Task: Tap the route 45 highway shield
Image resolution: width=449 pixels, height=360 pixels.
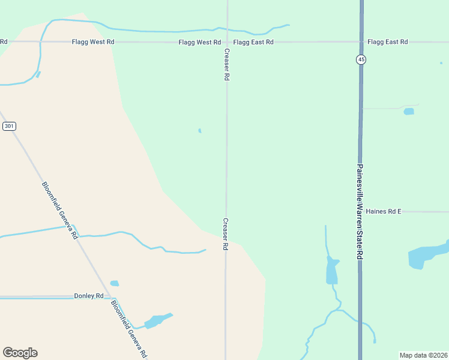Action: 361,59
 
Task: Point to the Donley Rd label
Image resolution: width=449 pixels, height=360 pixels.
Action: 89,296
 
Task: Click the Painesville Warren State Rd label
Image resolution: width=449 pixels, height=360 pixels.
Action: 360,211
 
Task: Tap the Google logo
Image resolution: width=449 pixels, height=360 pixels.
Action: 20,353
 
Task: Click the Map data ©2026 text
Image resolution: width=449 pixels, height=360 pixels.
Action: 424,355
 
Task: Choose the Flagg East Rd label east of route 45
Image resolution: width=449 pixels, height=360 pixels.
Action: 388,42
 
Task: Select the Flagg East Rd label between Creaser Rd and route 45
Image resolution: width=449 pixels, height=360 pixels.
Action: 253,42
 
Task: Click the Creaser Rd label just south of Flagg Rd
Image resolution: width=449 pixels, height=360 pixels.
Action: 227,65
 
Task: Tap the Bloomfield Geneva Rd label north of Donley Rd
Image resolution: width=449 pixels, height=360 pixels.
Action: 60,210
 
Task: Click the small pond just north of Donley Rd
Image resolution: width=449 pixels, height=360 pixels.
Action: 114,283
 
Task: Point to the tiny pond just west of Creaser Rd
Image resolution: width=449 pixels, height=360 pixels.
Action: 200,130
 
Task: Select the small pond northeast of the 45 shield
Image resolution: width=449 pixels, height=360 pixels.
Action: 409,112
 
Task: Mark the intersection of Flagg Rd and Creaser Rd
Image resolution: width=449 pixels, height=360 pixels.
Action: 227,42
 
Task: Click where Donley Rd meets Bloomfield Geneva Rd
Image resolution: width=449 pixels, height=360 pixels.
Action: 116,298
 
